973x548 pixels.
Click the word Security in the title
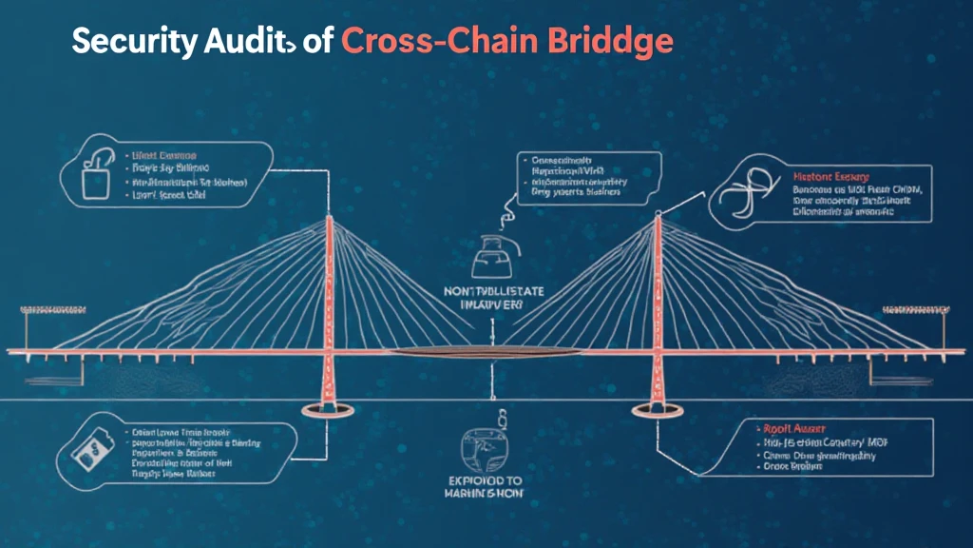point(133,42)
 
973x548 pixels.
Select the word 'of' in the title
point(313,42)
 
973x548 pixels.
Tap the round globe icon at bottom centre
point(486,446)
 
